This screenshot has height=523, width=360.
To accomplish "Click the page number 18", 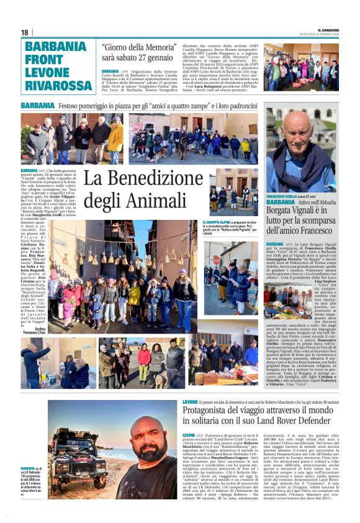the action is pos(25,32).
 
